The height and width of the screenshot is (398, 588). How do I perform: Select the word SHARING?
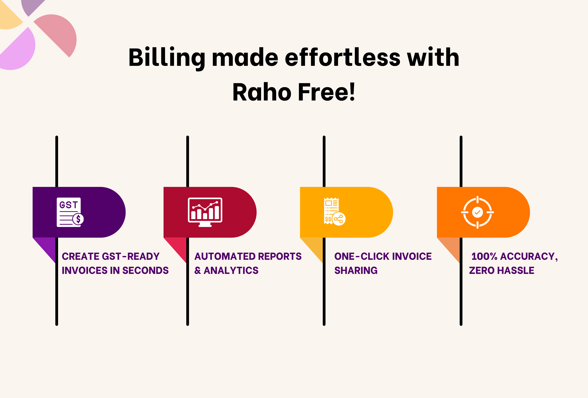[356, 271]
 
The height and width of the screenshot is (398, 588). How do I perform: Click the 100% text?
[485, 256]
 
